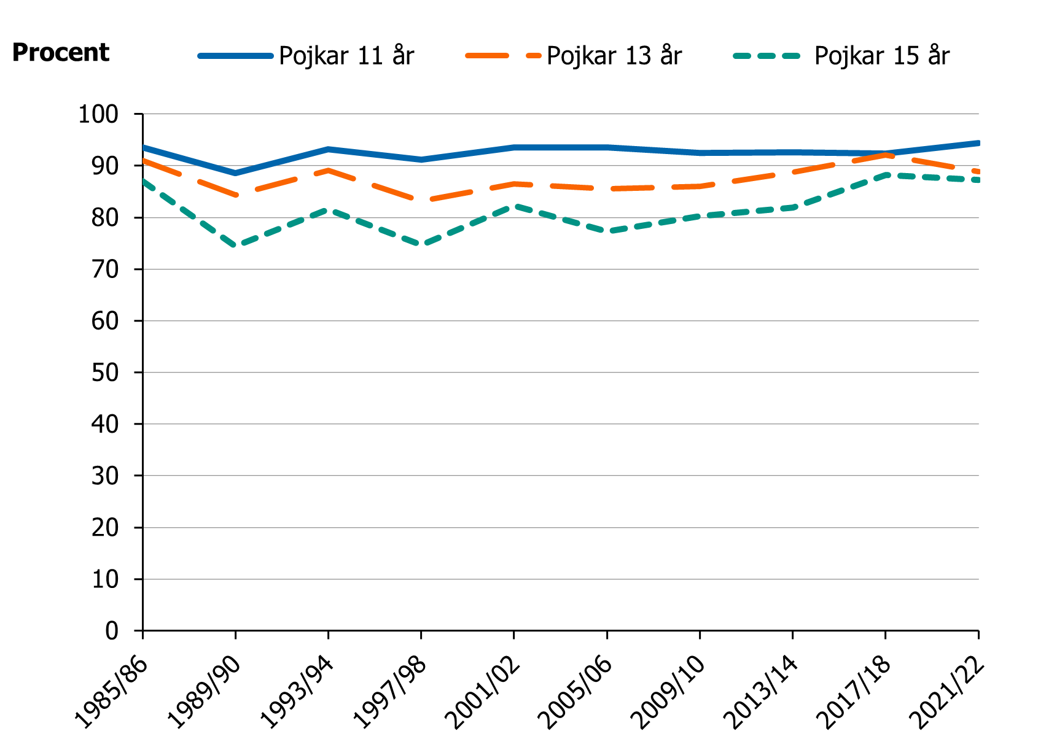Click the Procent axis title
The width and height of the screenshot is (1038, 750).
point(60,53)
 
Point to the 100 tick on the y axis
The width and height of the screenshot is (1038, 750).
point(98,114)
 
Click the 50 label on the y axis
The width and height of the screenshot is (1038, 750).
point(104,373)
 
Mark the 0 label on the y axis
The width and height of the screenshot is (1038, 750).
point(111,631)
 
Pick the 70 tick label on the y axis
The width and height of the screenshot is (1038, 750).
point(104,269)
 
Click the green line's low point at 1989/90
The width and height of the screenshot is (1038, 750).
point(236,245)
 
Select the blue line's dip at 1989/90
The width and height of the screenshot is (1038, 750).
point(236,173)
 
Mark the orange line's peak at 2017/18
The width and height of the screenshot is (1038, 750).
point(886,155)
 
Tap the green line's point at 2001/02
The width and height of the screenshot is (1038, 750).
point(514,206)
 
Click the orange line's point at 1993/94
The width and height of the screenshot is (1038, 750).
point(329,170)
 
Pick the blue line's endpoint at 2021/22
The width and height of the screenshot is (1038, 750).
point(978,143)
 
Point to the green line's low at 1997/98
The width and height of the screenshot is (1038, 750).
point(421,244)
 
